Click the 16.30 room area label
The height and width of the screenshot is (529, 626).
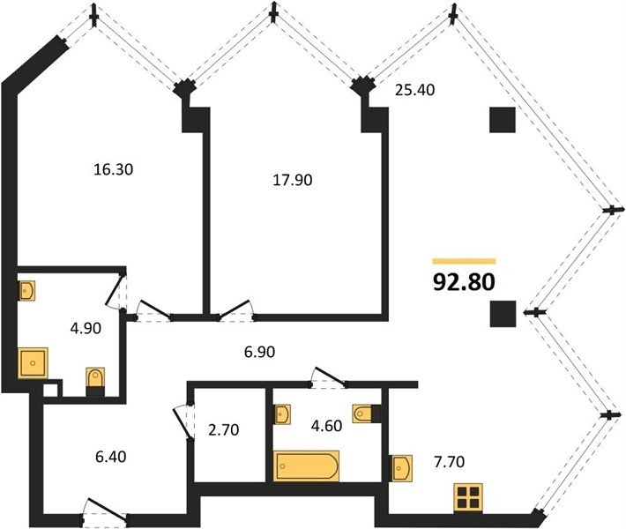[113, 169]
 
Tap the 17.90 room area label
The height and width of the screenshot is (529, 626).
[292, 180]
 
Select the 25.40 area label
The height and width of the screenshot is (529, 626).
[414, 90]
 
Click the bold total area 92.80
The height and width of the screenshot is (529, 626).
[464, 282]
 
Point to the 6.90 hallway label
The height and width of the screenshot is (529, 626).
[259, 352]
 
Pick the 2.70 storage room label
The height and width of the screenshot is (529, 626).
[224, 429]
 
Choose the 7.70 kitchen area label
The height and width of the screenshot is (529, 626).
[449, 462]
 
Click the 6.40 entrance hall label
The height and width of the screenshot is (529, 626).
[110, 457]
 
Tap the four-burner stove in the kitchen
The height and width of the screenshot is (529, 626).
[468, 498]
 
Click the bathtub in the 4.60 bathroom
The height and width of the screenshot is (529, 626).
[306, 466]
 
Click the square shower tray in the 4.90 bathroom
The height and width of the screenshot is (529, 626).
[33, 363]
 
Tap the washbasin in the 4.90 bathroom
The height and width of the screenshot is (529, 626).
[26, 290]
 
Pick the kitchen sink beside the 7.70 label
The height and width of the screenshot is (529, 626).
[401, 468]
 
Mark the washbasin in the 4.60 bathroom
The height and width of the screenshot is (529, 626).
[282, 414]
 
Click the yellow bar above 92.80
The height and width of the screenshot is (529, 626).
[464, 262]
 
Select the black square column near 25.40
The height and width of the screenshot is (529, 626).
[503, 120]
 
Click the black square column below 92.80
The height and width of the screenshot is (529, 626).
[503, 314]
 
